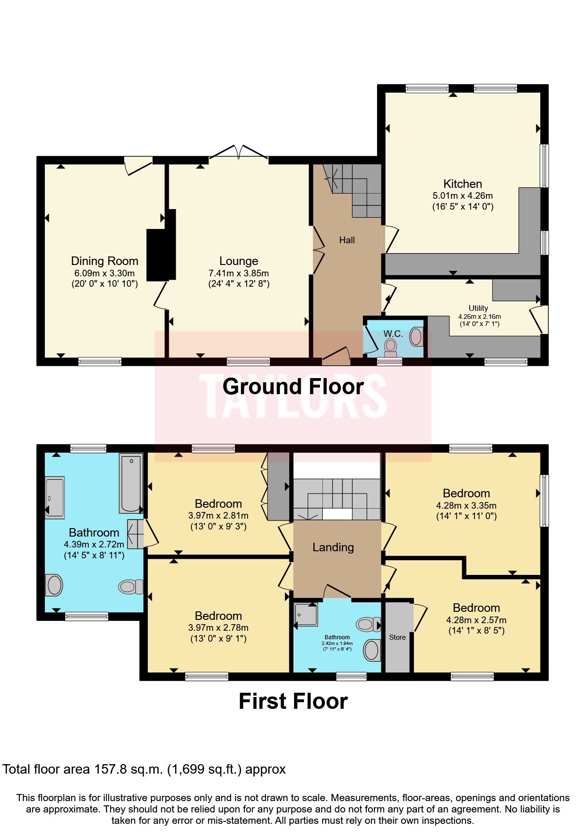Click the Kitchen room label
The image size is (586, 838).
pyautogui.click(x=462, y=184)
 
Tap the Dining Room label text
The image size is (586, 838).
pyautogui.click(x=104, y=261)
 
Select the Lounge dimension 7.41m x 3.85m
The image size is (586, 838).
pyautogui.click(x=238, y=273)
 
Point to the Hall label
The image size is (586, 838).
pyautogui.click(x=347, y=240)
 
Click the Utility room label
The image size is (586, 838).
pyautogui.click(x=478, y=308)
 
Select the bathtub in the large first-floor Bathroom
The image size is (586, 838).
pyautogui.click(x=131, y=483)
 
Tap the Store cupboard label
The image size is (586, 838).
pyautogui.click(x=397, y=637)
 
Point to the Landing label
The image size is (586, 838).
pyautogui.click(x=333, y=547)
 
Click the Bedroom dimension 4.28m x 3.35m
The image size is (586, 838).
pyautogui.click(x=466, y=505)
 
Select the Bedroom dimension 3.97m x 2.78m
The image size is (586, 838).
pyautogui.click(x=218, y=628)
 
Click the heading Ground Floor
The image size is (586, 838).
pyautogui.click(x=293, y=387)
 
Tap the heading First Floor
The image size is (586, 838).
pyautogui.click(x=293, y=701)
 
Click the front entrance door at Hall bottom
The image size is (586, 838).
pyautogui.click(x=336, y=356)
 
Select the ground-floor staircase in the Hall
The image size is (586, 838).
pyautogui.click(x=357, y=189)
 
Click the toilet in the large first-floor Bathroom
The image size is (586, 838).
pyautogui.click(x=130, y=587)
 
